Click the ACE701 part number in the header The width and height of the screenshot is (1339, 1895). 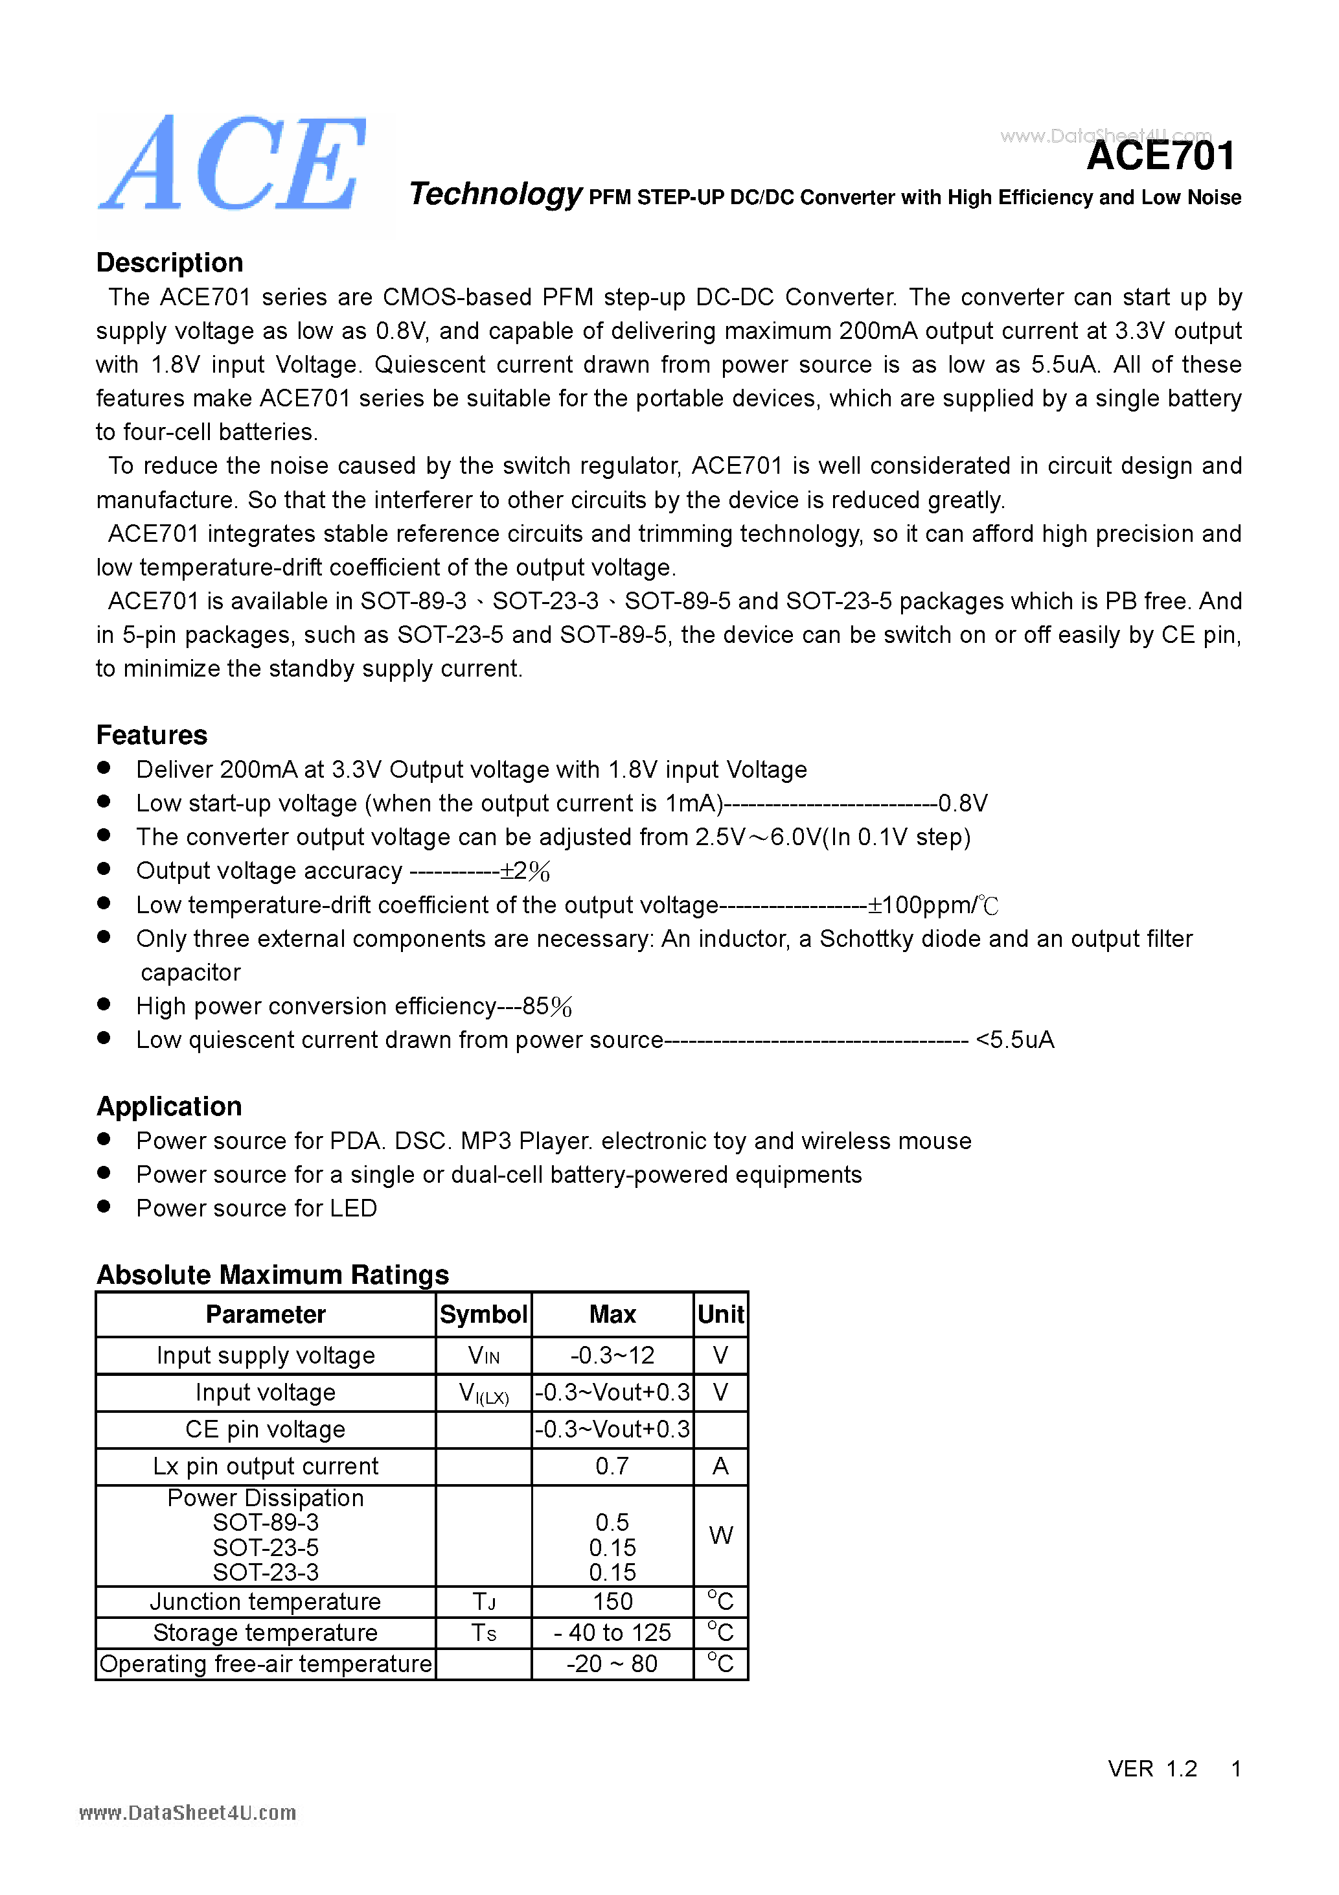pos(1160,157)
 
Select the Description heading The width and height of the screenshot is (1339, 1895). pos(169,262)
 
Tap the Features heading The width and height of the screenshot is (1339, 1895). pos(152,734)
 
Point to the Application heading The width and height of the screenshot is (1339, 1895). pos(169,1106)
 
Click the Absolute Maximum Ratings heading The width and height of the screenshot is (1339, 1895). pos(272,1274)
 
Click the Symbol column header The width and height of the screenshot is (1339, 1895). pos(483,1314)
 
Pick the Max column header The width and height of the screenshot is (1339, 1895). pos(612,1314)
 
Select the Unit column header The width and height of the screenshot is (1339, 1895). pos(720,1314)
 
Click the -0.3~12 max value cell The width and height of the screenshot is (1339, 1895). pos(612,1355)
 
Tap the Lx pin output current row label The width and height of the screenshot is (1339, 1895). pos(265,1466)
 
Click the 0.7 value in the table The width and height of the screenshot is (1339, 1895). pos(612,1466)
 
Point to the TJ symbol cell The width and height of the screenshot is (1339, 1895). pos(483,1601)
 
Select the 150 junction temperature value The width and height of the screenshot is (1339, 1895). pos(612,1601)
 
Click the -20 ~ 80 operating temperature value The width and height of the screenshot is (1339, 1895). pos(612,1663)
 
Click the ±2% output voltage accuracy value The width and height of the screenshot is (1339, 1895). pos(525,871)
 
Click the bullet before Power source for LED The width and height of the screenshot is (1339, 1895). pos(104,1206)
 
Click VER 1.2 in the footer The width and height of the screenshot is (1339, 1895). pos(1152,1768)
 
